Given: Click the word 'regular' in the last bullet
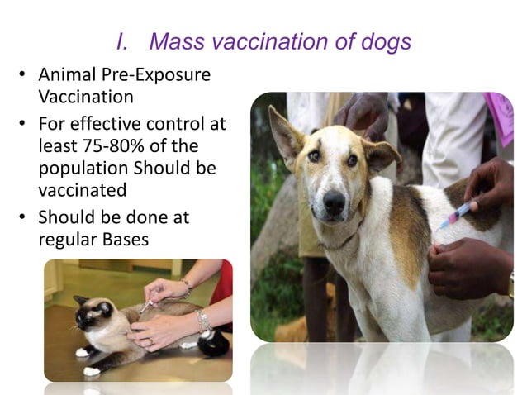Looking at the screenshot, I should [x=69, y=240].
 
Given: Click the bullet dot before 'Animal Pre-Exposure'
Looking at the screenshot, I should [x=23, y=76].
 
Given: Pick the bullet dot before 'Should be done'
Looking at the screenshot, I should [x=23, y=219].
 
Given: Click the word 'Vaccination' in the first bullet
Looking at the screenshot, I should [x=86, y=96].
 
